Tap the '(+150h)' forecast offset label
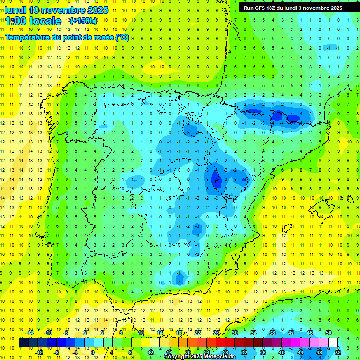(x=83, y=21)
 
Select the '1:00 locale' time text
(x=33, y=21)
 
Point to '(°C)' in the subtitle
(x=122, y=37)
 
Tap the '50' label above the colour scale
(x=328, y=333)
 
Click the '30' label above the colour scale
(x=234, y=333)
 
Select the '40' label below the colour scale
(x=282, y=352)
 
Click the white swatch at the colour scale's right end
(x=333, y=343)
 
